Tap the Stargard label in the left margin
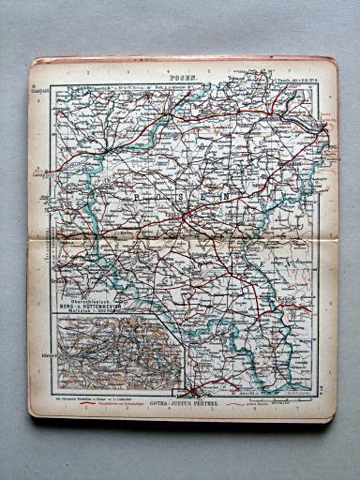click(41, 94)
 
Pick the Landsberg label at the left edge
click(41, 173)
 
